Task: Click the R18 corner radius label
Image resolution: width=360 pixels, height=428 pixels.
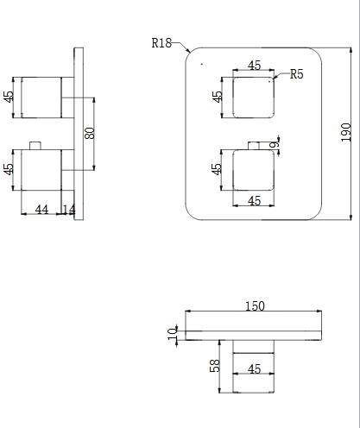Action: tap(161, 43)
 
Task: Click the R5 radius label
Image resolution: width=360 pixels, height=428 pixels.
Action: tap(297, 74)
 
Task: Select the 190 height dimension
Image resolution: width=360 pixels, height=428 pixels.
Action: tap(346, 132)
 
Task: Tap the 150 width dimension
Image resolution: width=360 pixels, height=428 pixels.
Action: tap(255, 306)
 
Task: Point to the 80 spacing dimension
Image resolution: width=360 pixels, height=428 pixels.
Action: tap(90, 133)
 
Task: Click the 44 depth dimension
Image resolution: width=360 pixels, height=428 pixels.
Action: tap(41, 210)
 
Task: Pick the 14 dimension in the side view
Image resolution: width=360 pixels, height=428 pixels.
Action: tap(69, 210)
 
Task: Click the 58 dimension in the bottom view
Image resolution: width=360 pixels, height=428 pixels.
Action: tap(215, 366)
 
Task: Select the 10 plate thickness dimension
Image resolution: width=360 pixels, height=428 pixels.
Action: tap(173, 333)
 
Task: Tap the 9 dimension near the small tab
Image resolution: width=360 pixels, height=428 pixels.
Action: tap(275, 144)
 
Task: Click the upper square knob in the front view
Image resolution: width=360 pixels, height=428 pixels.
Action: tap(254, 98)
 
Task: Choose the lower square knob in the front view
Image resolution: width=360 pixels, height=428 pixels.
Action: tap(254, 170)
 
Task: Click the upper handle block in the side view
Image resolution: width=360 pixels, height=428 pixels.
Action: tap(41, 98)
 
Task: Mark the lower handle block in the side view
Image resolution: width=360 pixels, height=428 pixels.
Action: tap(41, 170)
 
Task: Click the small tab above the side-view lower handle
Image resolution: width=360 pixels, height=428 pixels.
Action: tap(35, 146)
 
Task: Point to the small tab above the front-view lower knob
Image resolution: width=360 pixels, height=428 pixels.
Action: tap(254, 146)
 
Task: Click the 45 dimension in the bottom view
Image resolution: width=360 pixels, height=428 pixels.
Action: tap(254, 368)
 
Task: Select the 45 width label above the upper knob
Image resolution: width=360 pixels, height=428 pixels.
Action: tap(254, 66)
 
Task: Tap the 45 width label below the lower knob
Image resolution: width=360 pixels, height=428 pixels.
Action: tap(254, 201)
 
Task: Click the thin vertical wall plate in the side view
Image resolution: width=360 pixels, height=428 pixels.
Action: tap(79, 134)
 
